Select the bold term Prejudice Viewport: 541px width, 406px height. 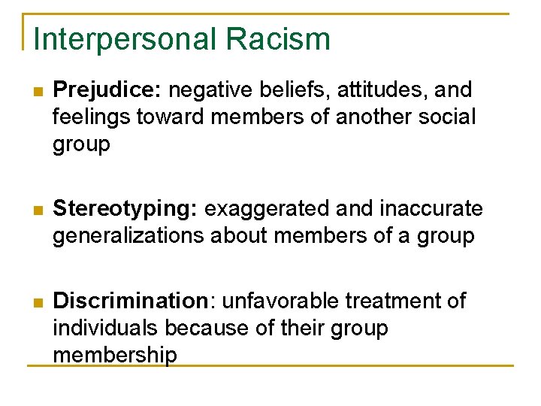pos(107,90)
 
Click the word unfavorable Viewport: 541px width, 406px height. pos(277,301)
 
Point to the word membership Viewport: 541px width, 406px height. pos(115,355)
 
